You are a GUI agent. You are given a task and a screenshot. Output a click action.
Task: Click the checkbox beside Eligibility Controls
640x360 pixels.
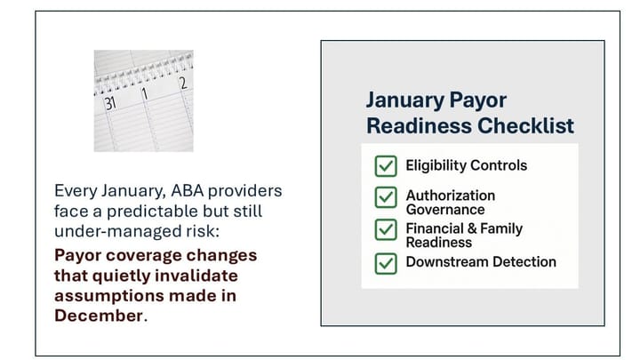385,166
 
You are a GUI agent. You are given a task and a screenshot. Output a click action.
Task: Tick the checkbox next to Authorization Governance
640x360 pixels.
385,197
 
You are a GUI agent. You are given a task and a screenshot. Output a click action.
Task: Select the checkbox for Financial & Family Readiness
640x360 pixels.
385,230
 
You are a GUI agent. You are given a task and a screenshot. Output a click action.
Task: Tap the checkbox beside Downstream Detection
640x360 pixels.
385,262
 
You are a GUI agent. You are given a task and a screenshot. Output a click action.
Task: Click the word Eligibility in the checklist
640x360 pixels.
436,165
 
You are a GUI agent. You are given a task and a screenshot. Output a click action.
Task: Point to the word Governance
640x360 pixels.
445,210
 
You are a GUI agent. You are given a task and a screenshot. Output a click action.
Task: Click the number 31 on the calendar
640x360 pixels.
109,102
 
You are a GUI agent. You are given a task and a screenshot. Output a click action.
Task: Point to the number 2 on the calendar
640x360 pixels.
183,84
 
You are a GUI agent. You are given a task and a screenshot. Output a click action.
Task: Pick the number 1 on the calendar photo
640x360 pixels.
145,92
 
